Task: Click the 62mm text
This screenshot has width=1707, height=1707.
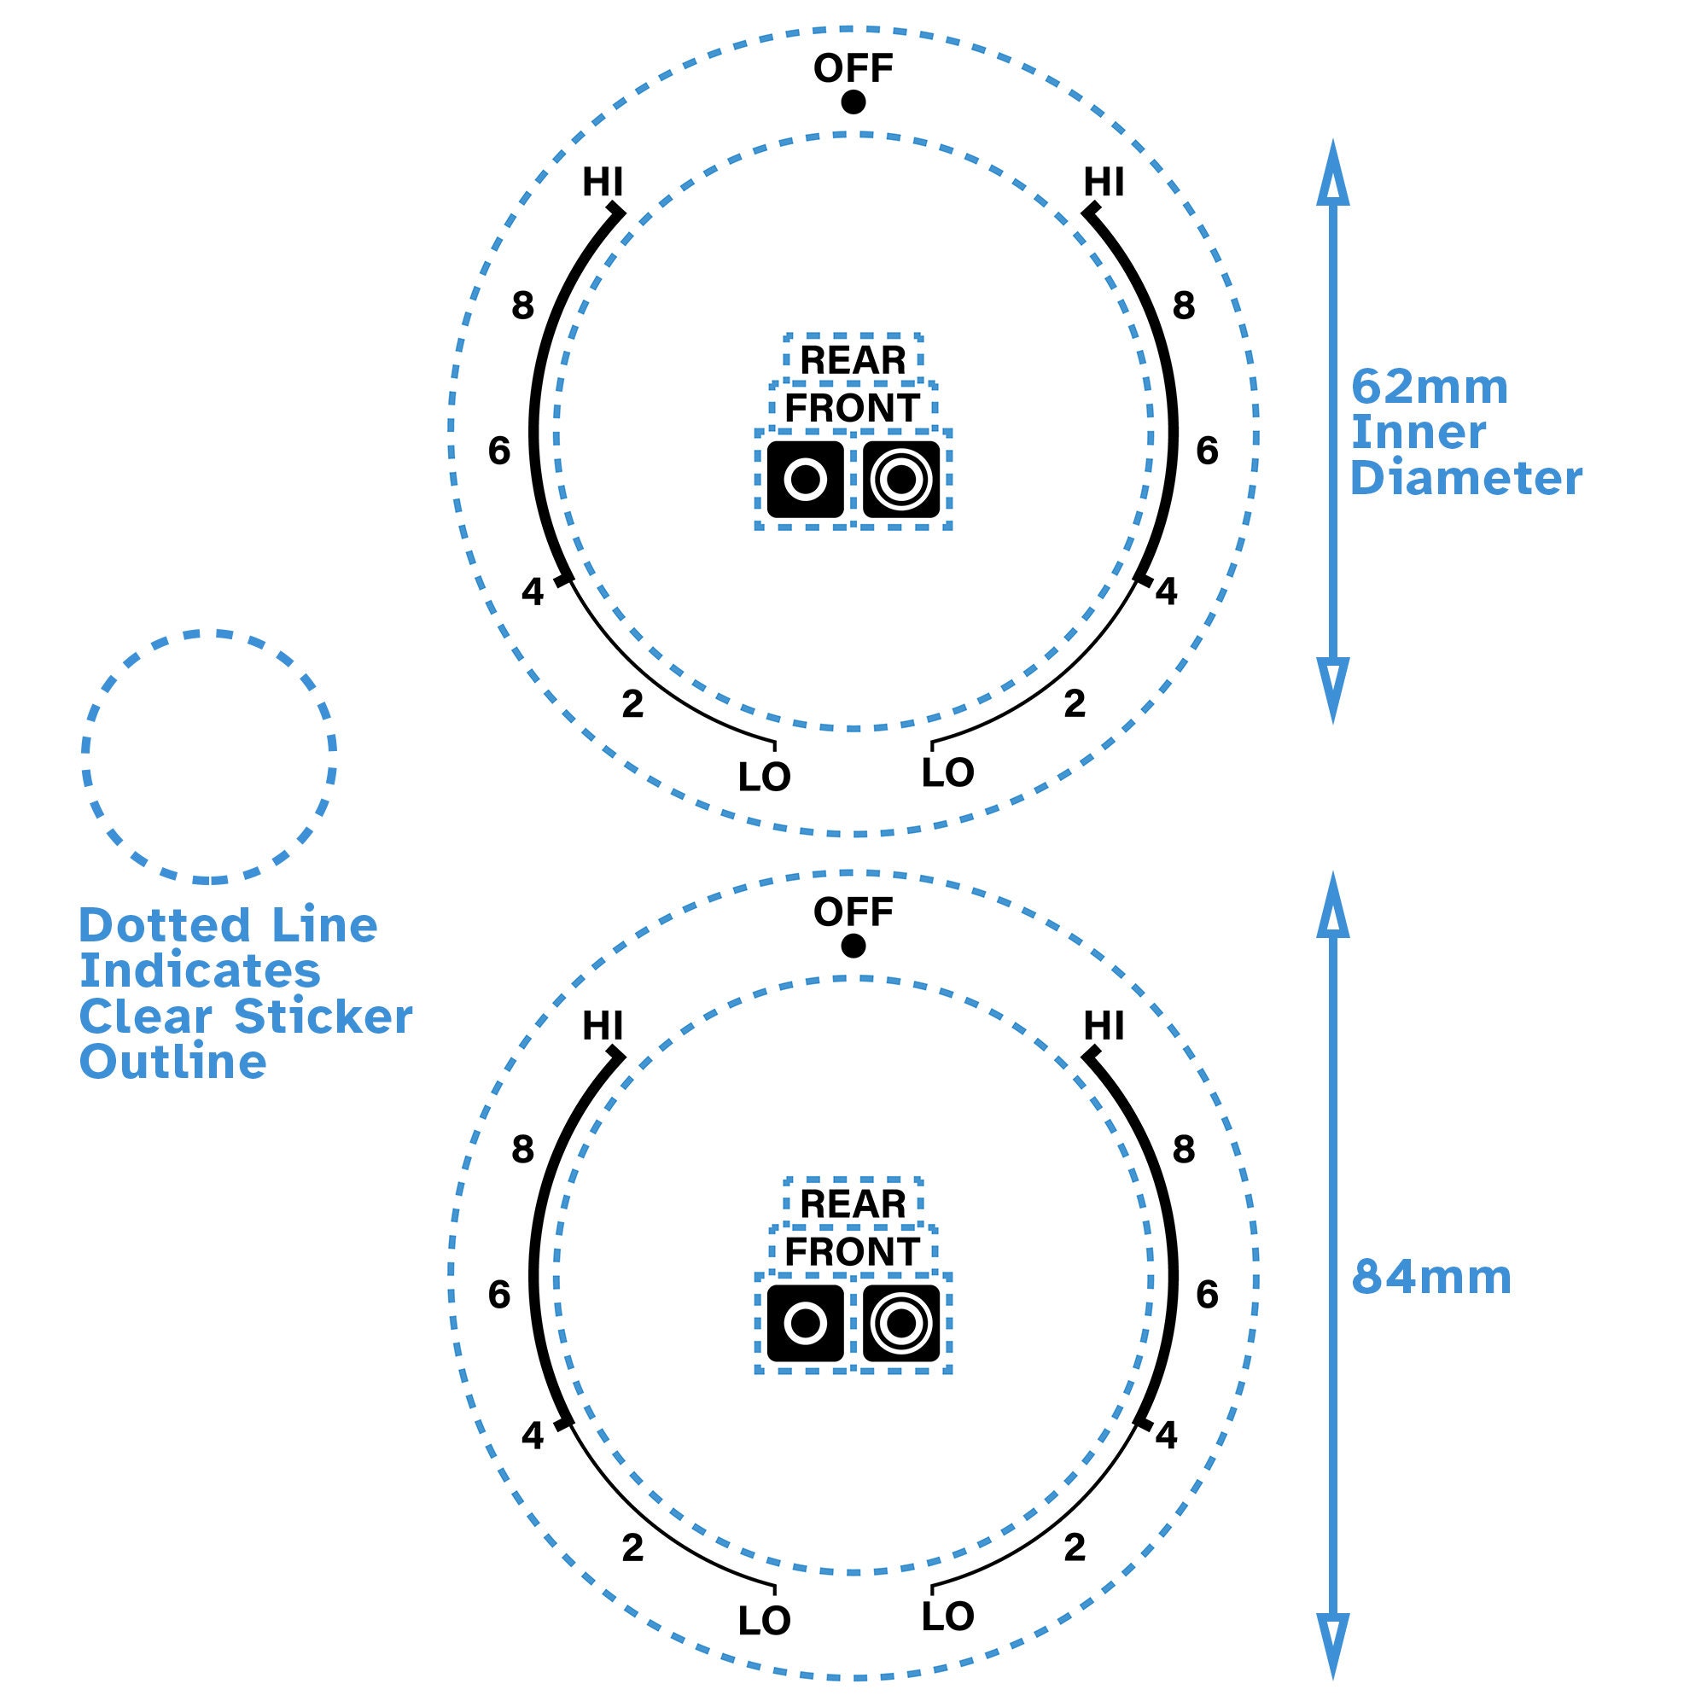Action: click(1429, 387)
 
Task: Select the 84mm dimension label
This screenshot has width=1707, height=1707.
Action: click(1431, 1279)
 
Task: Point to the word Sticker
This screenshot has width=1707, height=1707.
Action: click(323, 1017)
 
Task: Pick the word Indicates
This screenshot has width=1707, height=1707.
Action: click(200, 971)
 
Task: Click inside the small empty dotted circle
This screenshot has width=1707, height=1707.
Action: click(208, 756)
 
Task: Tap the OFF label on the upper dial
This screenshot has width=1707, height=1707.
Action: click(853, 68)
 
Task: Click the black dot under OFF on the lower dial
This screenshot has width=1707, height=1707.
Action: click(853, 947)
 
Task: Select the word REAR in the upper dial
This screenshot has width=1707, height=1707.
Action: click(853, 360)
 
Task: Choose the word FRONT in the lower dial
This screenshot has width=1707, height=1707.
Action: click(853, 1252)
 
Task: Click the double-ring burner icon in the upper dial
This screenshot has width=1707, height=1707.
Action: click(901, 480)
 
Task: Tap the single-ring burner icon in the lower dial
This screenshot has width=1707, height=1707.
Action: click(805, 1324)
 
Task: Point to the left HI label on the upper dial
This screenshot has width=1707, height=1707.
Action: click(603, 183)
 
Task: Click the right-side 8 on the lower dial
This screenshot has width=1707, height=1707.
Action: click(1183, 1150)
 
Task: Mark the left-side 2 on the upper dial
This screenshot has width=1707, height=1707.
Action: click(632, 704)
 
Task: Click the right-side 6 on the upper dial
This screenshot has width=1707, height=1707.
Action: click(1207, 452)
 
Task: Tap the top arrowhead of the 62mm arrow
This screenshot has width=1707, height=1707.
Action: click(1332, 172)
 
